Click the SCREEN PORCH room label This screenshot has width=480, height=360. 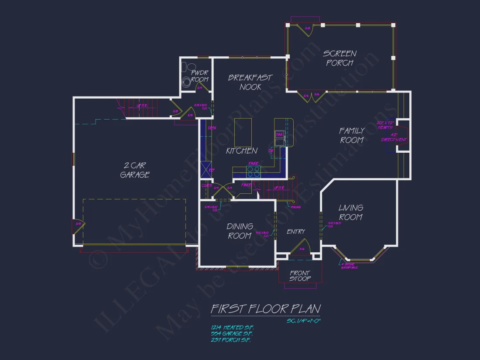tap(340, 58)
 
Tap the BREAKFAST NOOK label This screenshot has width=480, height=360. tap(250, 82)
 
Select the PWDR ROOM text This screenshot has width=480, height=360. tap(199, 76)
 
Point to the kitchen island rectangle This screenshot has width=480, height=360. tap(243, 132)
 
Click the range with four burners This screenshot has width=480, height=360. tap(254, 171)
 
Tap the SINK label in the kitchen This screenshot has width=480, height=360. tap(279, 134)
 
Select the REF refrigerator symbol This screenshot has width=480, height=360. tap(206, 168)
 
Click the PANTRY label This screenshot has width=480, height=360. tap(247, 185)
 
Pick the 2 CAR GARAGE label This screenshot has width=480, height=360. tap(135, 170)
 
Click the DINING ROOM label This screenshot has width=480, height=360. tap(240, 231)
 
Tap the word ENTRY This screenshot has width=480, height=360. tap(296, 232)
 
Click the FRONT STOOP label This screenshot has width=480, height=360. tap(300, 276)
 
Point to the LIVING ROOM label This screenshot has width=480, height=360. tap(351, 213)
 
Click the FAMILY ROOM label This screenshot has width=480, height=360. tap(352, 135)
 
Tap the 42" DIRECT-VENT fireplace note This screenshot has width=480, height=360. tap(394, 137)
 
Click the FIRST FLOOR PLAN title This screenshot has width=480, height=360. tap(265, 309)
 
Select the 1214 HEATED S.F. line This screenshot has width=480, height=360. tap(232, 327)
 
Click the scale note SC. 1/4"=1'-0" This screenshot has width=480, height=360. tap(303, 321)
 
